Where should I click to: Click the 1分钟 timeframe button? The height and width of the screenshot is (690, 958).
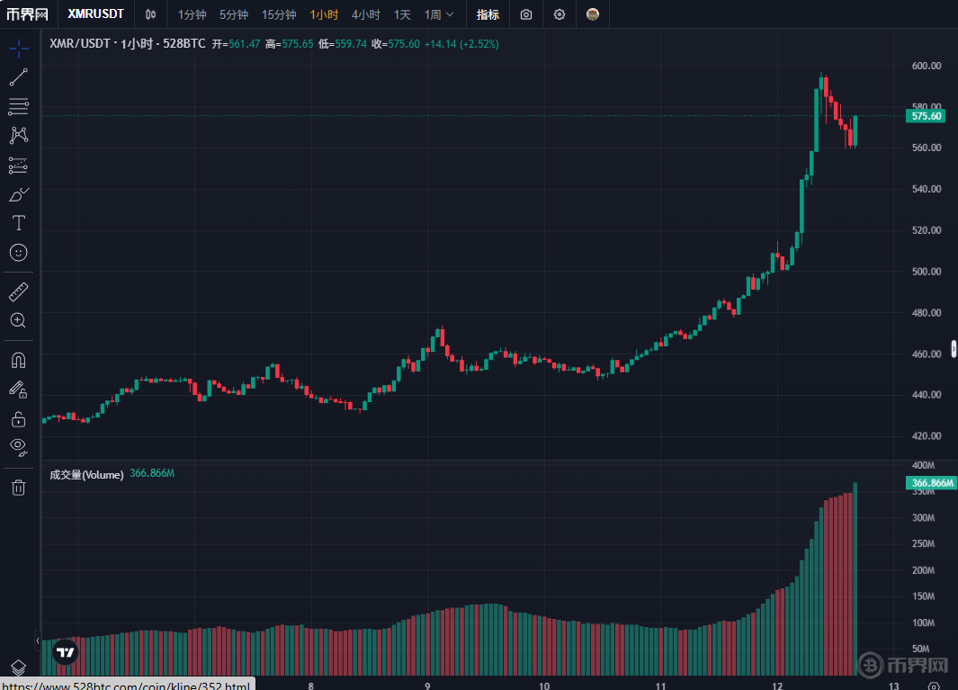192,14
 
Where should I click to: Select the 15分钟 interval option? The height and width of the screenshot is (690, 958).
279,14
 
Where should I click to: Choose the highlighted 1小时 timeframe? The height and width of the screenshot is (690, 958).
324,14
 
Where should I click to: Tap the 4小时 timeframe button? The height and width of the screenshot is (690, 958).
366,14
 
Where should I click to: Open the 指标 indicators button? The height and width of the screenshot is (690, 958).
488,14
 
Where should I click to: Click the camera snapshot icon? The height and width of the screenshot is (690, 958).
526,14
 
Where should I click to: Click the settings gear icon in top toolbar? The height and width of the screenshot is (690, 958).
560,14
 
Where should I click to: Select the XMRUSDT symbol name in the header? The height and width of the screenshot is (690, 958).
95,14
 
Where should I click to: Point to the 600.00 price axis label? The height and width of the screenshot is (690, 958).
926,66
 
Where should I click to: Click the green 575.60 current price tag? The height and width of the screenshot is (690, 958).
927,116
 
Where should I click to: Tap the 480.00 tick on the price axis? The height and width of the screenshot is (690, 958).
926,313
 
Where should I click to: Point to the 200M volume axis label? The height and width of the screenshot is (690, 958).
922,570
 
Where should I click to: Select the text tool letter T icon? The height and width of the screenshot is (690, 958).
18,222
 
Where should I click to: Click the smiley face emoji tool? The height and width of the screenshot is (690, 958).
18,253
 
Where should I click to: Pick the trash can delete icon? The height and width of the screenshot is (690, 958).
18,488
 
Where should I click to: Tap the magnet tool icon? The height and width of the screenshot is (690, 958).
18,360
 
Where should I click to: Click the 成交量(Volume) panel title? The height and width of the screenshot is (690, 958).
86,474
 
